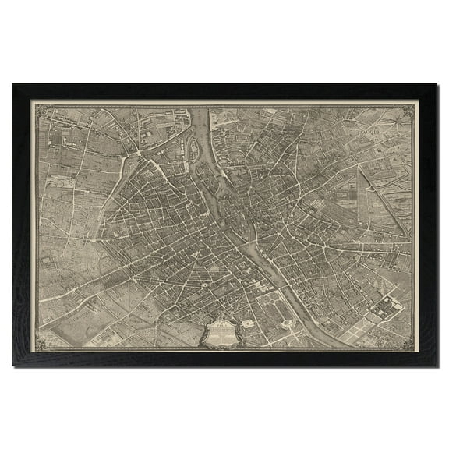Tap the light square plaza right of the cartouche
(248, 322)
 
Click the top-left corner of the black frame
(13, 85)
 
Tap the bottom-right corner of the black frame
(436, 366)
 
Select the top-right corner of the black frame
(436, 85)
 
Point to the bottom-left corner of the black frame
(13, 366)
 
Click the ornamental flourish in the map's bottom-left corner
(38, 340)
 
